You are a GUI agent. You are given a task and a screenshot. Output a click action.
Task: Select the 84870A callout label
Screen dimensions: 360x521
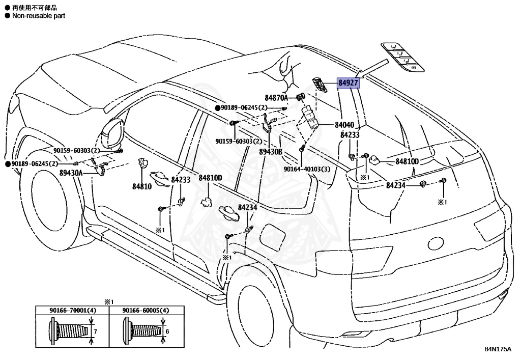(276, 97)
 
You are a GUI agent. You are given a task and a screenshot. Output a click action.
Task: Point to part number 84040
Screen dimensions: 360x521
(344, 125)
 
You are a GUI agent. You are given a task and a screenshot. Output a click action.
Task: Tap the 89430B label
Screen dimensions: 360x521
(270, 152)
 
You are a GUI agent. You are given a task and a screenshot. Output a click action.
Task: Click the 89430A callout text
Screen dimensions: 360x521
(71, 173)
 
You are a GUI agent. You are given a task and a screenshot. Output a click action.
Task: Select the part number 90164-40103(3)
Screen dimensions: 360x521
(307, 169)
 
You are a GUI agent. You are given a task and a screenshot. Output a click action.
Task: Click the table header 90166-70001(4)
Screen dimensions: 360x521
(73, 310)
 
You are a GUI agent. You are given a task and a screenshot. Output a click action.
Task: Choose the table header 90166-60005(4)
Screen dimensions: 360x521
(146, 310)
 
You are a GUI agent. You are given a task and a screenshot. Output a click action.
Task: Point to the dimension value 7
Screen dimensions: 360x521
(95, 331)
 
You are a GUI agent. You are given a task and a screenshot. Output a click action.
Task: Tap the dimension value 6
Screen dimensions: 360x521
(167, 331)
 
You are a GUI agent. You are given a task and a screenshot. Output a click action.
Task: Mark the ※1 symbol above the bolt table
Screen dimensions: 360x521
(108, 301)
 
